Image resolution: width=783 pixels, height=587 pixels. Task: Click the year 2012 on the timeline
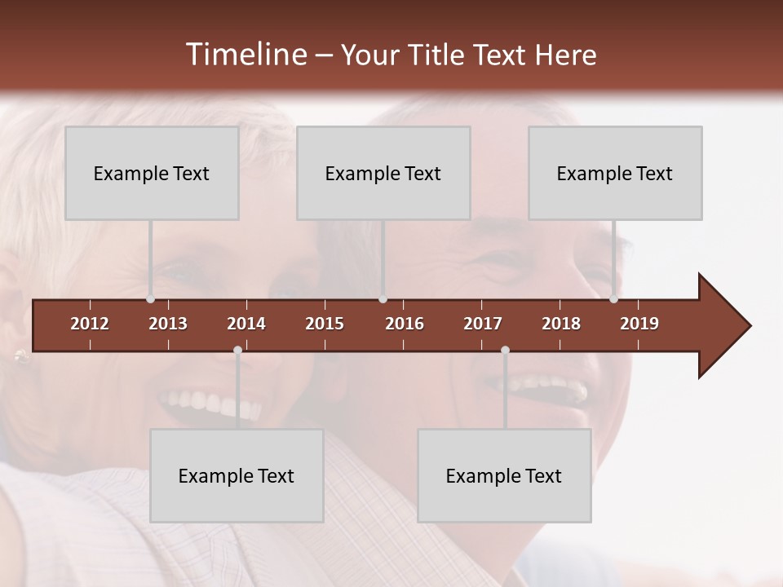pos(90,324)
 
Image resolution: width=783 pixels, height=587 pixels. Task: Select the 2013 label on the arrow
pos(168,324)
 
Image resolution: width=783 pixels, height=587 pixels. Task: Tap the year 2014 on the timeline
pos(246,324)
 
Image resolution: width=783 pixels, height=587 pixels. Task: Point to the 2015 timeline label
pos(325,324)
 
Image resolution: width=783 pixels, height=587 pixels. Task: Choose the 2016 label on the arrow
pos(405,324)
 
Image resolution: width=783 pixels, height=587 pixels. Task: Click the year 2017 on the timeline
pos(483,324)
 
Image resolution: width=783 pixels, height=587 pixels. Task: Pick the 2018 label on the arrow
pos(561,324)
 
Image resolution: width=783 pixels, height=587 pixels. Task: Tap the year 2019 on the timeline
pos(639,324)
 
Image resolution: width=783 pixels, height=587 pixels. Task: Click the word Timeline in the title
pos(246,55)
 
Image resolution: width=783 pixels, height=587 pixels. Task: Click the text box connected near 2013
pos(152,173)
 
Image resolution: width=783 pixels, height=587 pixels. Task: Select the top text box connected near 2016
pos(383,173)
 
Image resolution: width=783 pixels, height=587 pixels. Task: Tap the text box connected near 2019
pos(615,173)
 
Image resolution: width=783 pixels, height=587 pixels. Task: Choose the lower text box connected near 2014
pos(237,475)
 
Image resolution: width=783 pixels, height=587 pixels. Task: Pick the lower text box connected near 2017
pos(504,475)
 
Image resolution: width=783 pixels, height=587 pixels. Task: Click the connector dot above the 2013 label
pos(150,299)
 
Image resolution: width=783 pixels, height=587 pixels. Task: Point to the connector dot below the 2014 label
pos(237,351)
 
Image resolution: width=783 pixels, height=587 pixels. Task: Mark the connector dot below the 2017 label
pos(505,351)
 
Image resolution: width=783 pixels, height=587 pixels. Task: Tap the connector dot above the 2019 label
pos(613,299)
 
